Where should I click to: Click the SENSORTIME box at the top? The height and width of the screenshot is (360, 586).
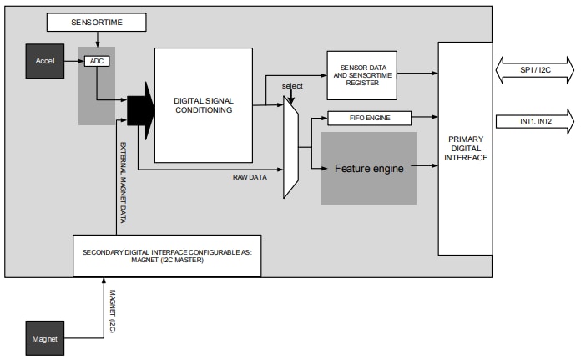96,23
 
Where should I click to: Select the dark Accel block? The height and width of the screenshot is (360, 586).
44,62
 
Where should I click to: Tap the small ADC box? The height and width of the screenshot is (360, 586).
98,61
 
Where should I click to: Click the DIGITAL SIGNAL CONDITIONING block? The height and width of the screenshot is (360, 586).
203,105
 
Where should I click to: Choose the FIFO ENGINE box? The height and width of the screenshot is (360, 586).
371,118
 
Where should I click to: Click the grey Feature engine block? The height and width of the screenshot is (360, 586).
368,168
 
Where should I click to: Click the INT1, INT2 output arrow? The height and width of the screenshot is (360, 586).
534,121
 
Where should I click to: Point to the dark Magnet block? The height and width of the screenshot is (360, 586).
44,337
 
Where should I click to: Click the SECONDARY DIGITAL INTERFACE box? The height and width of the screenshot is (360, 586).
167,256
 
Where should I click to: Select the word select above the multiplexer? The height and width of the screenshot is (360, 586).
292,87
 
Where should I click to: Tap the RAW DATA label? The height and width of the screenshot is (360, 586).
250,177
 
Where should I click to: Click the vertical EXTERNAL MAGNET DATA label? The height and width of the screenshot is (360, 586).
122,184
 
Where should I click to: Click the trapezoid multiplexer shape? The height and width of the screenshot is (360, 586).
290,146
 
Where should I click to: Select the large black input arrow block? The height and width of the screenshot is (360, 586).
140,109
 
